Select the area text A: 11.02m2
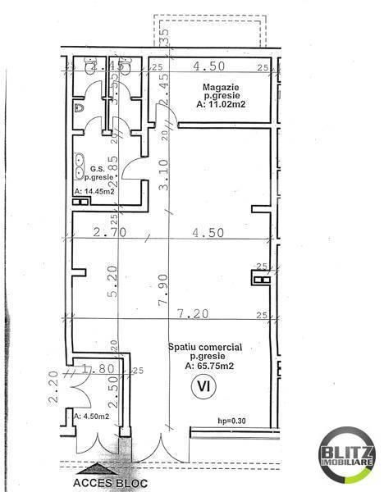click(219, 105)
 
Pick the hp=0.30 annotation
click(232, 421)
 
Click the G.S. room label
click(98, 169)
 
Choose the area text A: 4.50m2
click(92, 417)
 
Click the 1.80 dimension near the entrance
click(99, 369)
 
